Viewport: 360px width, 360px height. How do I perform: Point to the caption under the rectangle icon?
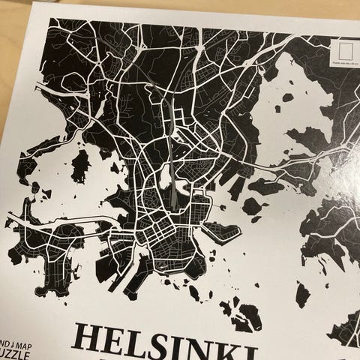pyautogui.click(x=343, y=68)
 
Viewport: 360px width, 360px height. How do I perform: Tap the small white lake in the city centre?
pyautogui.click(x=165, y=178)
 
